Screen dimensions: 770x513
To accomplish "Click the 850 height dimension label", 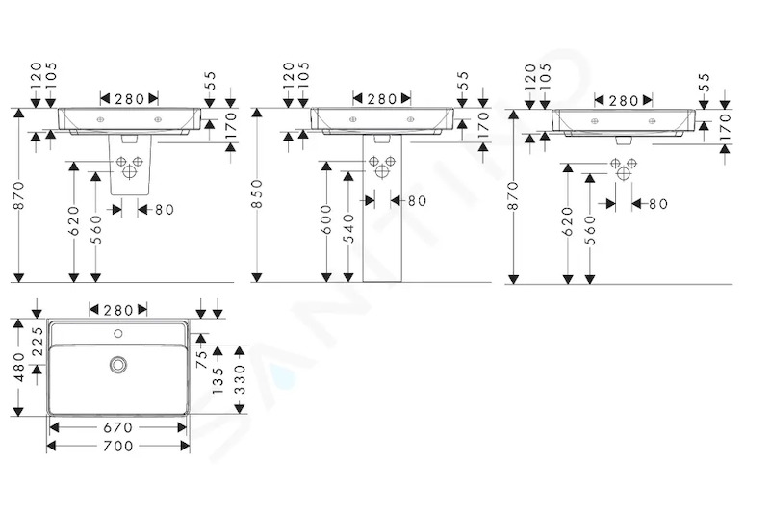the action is [x=257, y=193].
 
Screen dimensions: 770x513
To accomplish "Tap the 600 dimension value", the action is [x=326, y=220].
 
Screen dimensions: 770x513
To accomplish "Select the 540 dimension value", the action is [x=348, y=228].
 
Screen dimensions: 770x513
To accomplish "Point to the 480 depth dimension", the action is [x=19, y=367].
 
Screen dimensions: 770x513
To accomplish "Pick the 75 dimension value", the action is [x=202, y=359].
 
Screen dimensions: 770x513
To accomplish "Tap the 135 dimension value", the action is [x=218, y=379].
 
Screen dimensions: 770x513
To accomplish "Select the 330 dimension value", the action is [x=240, y=379].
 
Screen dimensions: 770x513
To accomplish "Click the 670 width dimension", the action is [x=117, y=427].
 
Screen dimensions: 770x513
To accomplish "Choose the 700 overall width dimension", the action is [x=117, y=446].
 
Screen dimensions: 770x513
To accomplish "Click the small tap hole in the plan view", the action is [x=117, y=334].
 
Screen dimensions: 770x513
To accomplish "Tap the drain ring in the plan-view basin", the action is [x=117, y=364].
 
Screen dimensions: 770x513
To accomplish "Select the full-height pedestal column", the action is [x=382, y=208].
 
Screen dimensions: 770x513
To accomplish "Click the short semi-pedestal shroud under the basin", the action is [x=129, y=165].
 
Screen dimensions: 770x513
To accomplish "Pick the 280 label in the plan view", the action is [x=117, y=310].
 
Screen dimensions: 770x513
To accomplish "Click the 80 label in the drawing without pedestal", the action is [x=658, y=204].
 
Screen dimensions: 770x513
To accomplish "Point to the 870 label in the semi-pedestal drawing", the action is [x=19, y=194].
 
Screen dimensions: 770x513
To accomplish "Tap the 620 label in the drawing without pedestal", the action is [x=568, y=221].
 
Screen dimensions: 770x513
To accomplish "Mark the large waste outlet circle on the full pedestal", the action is [x=382, y=171].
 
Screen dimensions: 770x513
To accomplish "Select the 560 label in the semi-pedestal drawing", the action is [x=96, y=230].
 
